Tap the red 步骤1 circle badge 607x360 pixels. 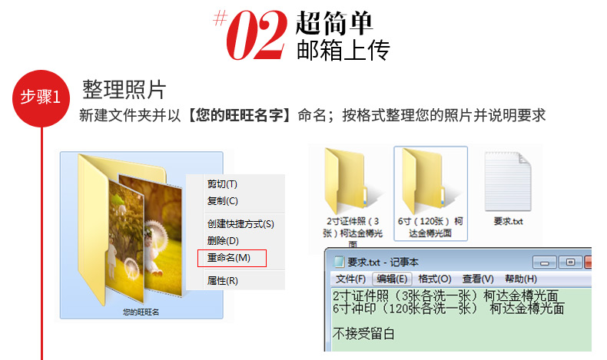(42, 97)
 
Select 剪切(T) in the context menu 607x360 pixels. (223, 184)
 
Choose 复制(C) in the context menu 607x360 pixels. (223, 201)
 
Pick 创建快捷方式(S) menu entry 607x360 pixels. (240, 224)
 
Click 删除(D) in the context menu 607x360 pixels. (223, 241)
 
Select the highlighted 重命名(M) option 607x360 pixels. (230, 258)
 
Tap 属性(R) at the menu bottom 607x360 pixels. (223, 281)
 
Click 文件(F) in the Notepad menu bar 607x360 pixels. (351, 279)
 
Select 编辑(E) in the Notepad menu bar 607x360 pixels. (392, 279)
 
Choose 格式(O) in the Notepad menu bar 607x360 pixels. (434, 279)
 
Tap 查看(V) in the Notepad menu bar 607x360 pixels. (477, 279)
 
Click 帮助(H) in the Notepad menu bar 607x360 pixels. (520, 279)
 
